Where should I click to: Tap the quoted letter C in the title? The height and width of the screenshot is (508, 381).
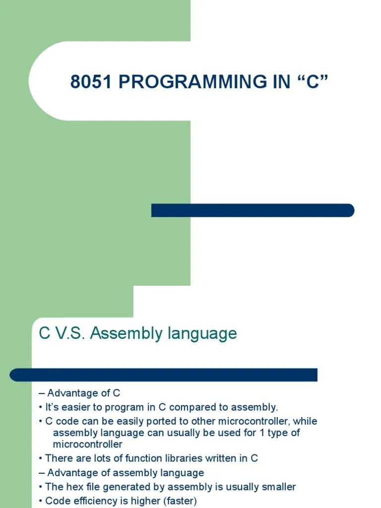[x=311, y=82]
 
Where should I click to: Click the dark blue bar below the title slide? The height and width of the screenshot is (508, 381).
[x=253, y=210]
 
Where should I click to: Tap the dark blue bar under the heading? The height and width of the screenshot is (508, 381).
[x=164, y=375]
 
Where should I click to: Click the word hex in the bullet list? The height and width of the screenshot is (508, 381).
[x=71, y=487]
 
